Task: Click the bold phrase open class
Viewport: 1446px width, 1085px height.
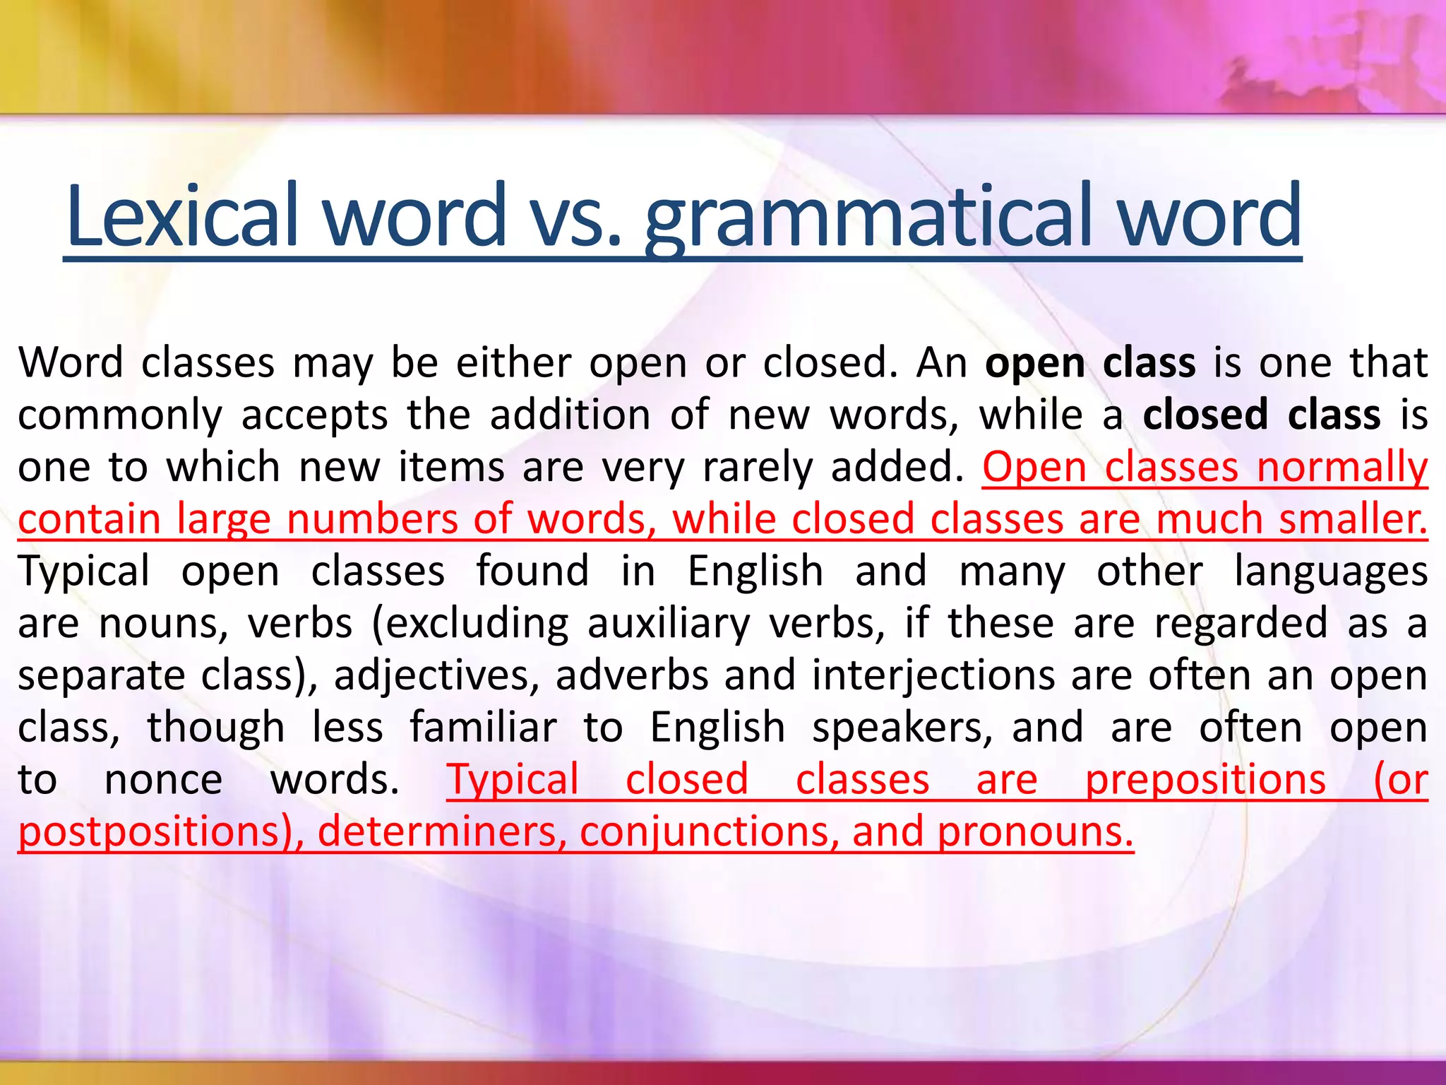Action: [1090, 363]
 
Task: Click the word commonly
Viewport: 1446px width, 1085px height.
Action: [120, 415]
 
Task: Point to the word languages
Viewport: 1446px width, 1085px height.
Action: [1330, 571]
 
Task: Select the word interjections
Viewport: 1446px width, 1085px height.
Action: [933, 675]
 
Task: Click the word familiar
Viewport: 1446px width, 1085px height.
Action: [483, 728]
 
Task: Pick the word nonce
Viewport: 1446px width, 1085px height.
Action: [163, 780]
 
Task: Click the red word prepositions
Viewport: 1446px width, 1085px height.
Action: [1205, 780]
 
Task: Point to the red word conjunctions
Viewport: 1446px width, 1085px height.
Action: [710, 831]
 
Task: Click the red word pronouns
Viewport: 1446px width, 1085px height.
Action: [1034, 831]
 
